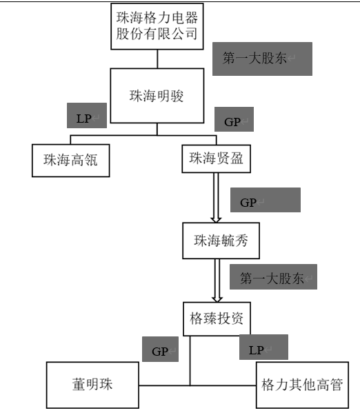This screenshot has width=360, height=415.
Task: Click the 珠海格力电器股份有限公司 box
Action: (x=157, y=26)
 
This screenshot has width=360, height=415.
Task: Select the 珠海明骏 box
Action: (x=157, y=96)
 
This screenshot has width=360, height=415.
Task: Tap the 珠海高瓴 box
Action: (x=70, y=161)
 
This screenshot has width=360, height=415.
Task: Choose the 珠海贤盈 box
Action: (x=216, y=159)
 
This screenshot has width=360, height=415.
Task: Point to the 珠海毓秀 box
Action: (x=221, y=241)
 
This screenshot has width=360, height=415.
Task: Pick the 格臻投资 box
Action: (x=217, y=319)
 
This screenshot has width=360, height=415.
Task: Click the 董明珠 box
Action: (x=92, y=385)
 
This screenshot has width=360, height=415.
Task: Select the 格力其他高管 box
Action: (x=302, y=385)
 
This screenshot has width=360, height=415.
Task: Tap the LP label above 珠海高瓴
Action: (x=87, y=116)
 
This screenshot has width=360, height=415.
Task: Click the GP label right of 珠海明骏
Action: (x=234, y=119)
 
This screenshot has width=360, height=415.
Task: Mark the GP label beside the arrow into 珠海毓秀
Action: (x=266, y=200)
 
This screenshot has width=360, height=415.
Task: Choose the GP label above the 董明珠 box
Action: (x=160, y=349)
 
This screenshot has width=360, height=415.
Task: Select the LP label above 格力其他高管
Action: (x=263, y=347)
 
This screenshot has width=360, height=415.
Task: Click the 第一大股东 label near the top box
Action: (x=262, y=59)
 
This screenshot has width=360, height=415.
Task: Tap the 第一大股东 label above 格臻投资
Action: (x=273, y=276)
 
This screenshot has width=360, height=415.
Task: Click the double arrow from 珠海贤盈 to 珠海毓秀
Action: (x=216, y=198)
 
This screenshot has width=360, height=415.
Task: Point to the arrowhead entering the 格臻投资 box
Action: (x=217, y=298)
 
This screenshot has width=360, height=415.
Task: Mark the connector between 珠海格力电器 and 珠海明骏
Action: (x=157, y=59)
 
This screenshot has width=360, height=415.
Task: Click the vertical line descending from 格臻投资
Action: (x=190, y=361)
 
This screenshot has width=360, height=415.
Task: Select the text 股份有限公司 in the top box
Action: (x=157, y=34)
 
